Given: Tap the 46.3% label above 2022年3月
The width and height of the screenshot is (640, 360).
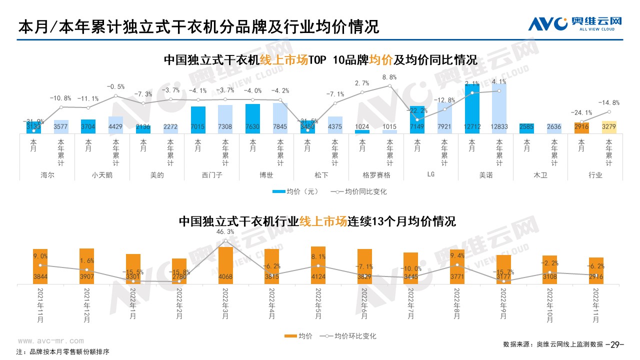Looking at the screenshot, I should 225,232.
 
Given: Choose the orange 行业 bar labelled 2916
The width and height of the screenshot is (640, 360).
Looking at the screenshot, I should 581,127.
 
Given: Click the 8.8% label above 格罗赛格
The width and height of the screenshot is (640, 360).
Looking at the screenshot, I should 389,77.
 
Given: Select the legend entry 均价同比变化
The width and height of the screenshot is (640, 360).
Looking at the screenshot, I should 360,191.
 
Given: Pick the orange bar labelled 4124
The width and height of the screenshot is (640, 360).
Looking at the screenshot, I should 318,265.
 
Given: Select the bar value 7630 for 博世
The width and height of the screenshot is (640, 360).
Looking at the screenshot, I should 253,126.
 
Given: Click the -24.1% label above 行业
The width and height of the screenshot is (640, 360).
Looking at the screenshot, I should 581,112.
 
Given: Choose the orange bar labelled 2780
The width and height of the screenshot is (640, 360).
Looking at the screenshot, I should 179,271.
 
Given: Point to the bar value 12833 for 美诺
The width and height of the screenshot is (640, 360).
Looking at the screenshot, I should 499,126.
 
